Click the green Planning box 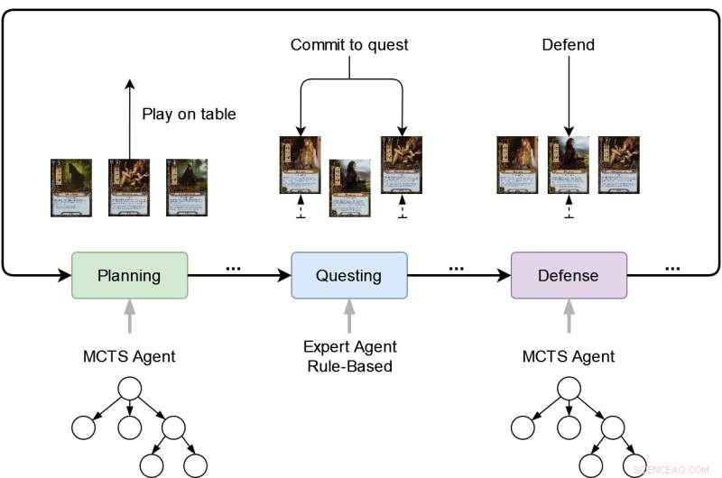pos(130,275)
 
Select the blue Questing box pos(349,275)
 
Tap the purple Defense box pos(569,275)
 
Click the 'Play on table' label pos(189,115)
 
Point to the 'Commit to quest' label pos(349,44)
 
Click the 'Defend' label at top pos(568,44)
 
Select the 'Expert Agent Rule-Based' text pos(349,356)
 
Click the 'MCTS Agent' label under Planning pos(129,356)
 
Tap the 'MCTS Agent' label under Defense pos(569,356)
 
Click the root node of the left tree pos(129,388)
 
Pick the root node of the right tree pos(569,388)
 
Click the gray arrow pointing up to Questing pos(349,317)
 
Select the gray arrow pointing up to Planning pos(129,317)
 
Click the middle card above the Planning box pos(129,188)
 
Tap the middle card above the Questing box pos(349,187)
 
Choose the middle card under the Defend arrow pos(569,165)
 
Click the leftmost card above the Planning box pos(71,188)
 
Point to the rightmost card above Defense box pos(619,165)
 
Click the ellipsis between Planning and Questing pos(234,268)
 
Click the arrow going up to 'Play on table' pos(129,117)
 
